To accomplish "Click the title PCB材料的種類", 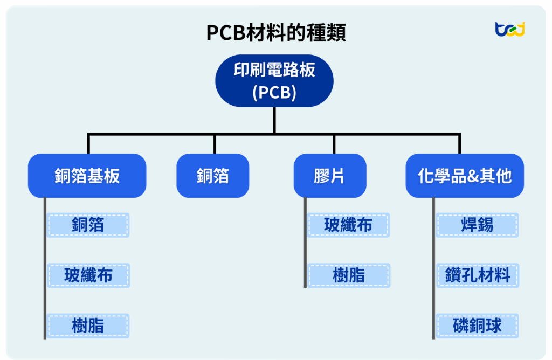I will tap(275, 33).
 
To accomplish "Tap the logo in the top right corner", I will tap(509, 29).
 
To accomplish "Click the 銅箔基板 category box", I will tap(87, 176).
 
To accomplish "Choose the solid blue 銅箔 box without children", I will tap(213, 176).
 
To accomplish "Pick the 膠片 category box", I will tap(329, 176).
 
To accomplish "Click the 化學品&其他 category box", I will tap(465, 176).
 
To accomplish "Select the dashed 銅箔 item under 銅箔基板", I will tap(88, 225).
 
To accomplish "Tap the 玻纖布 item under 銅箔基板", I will tap(88, 275).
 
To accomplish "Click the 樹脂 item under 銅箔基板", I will tap(88, 326).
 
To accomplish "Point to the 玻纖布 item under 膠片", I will tap(348, 225).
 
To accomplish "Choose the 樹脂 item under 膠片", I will tap(348, 275).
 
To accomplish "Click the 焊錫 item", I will tap(477, 225).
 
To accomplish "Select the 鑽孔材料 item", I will tap(477, 275).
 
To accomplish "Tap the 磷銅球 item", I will tap(477, 326).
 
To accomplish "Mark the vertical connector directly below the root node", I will tap(274, 120).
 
